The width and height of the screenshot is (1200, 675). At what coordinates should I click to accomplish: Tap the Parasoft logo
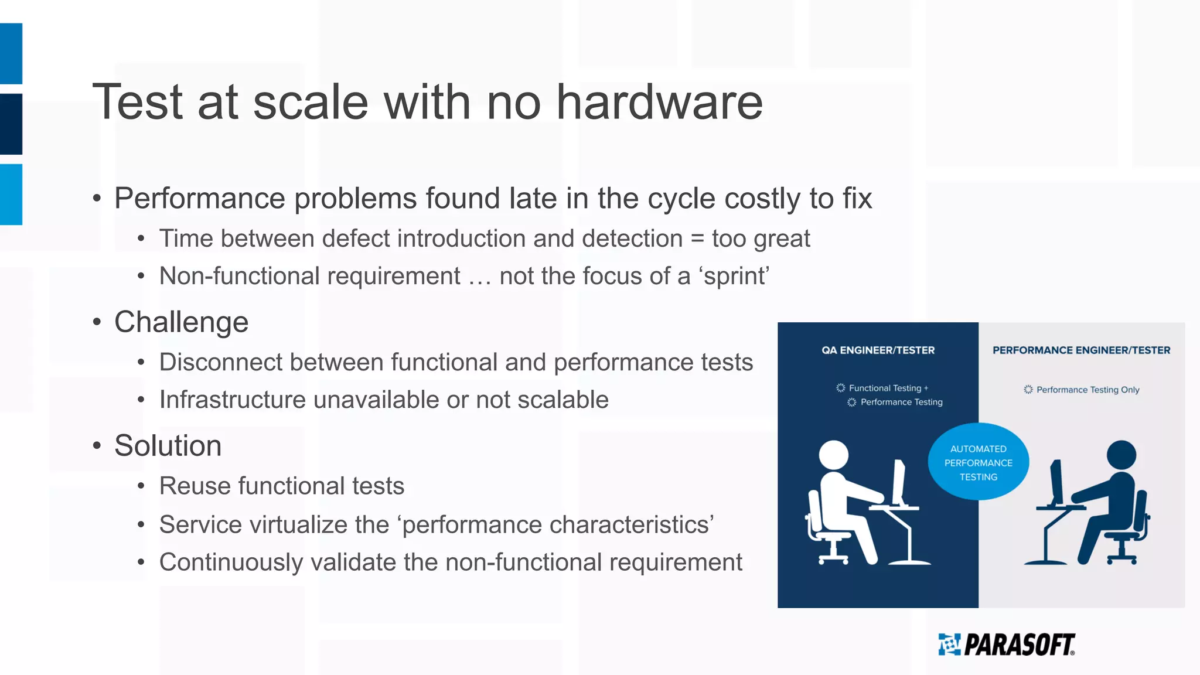(x=1007, y=645)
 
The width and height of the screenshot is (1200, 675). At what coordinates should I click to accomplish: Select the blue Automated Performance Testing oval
(x=978, y=462)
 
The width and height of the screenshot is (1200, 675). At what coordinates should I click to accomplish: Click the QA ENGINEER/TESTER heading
(x=878, y=350)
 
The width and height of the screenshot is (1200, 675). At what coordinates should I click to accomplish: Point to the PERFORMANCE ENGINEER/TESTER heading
(x=1081, y=350)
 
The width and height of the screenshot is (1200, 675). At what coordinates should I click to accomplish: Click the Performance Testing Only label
(x=1087, y=390)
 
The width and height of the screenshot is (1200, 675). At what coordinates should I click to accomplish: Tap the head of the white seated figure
(x=833, y=455)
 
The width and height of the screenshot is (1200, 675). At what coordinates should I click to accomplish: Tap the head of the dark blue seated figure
(x=1121, y=455)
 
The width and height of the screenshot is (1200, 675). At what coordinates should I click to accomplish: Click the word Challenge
(x=181, y=322)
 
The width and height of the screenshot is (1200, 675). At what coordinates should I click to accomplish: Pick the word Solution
(x=168, y=446)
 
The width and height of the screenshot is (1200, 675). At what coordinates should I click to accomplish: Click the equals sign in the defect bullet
(x=697, y=239)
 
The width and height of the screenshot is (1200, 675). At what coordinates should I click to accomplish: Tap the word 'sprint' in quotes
(x=736, y=277)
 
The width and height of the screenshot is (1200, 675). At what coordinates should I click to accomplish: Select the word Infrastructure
(x=233, y=400)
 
